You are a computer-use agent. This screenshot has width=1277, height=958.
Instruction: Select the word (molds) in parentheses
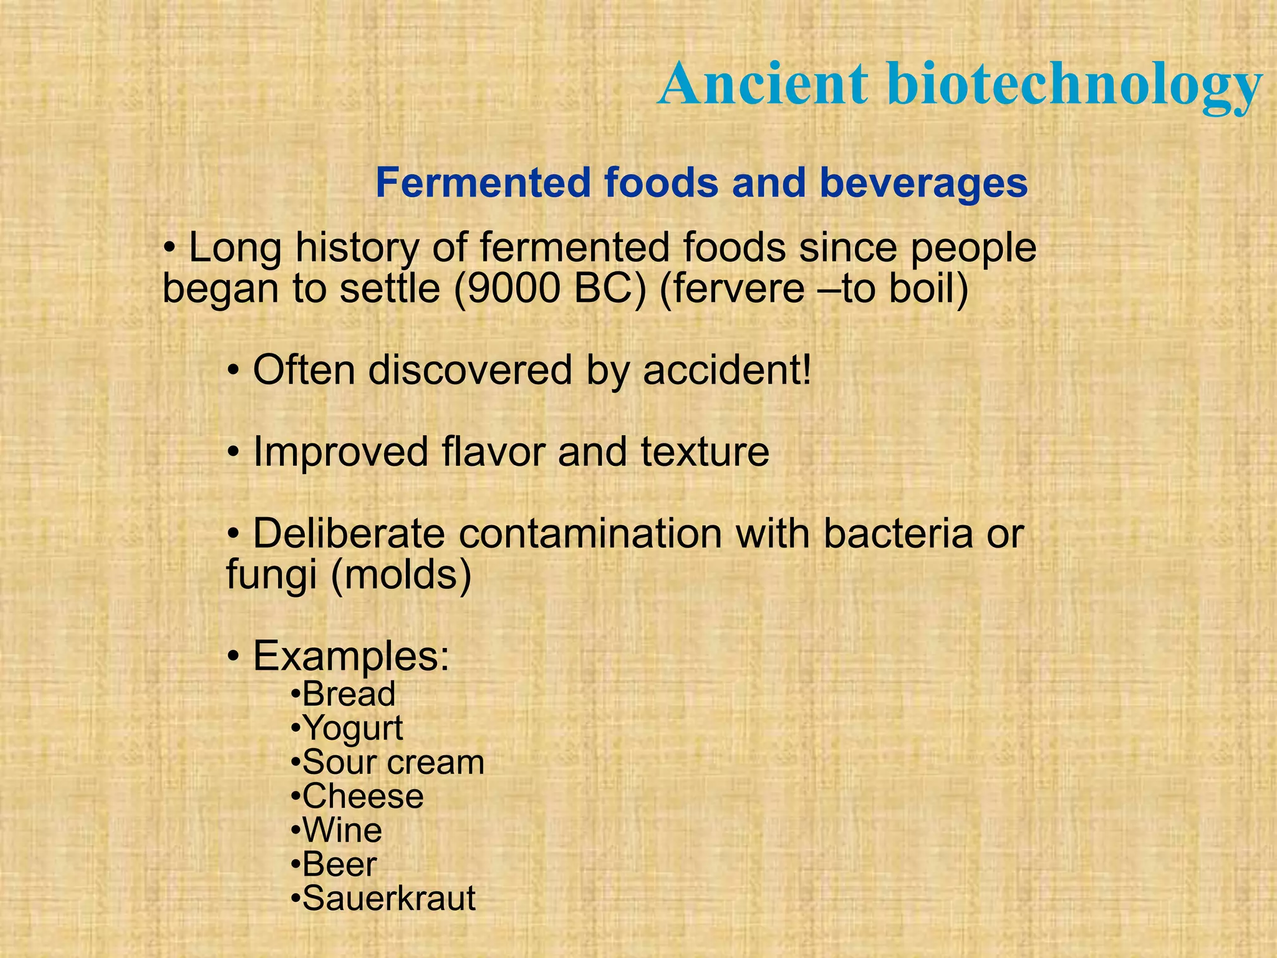tap(401, 574)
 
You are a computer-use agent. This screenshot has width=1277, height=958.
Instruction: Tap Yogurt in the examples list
tap(352, 728)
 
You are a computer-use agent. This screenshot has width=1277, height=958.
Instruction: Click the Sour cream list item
tap(393, 763)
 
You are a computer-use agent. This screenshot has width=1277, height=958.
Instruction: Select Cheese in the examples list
tap(362, 796)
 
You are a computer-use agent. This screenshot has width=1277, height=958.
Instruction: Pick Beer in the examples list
tap(339, 864)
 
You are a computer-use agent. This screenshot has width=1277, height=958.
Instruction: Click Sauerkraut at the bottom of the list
tap(388, 899)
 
